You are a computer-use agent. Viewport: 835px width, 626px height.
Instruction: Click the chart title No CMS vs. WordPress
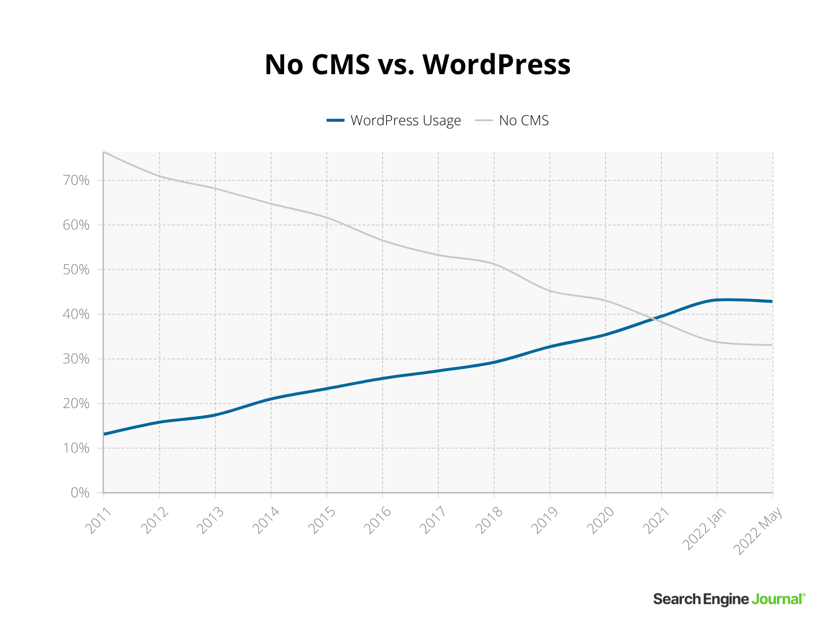click(418, 64)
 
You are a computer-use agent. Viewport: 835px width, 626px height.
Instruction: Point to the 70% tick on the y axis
click(76, 180)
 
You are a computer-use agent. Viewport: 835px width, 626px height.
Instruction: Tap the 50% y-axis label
click(76, 270)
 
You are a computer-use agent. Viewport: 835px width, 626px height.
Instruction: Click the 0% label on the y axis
click(80, 493)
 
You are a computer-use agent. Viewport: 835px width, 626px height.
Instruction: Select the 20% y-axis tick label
click(76, 403)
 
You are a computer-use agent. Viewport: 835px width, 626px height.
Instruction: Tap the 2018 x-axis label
click(489, 520)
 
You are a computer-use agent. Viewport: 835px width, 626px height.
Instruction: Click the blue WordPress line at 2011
click(104, 434)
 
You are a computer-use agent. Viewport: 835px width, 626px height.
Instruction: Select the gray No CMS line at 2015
click(326, 218)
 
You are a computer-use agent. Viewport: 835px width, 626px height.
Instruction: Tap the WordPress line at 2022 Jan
click(717, 300)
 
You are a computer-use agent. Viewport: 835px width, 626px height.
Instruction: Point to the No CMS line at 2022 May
click(772, 345)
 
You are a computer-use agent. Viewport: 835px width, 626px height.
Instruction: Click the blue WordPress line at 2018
click(493, 362)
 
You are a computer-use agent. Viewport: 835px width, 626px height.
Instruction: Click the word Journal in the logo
click(778, 599)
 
